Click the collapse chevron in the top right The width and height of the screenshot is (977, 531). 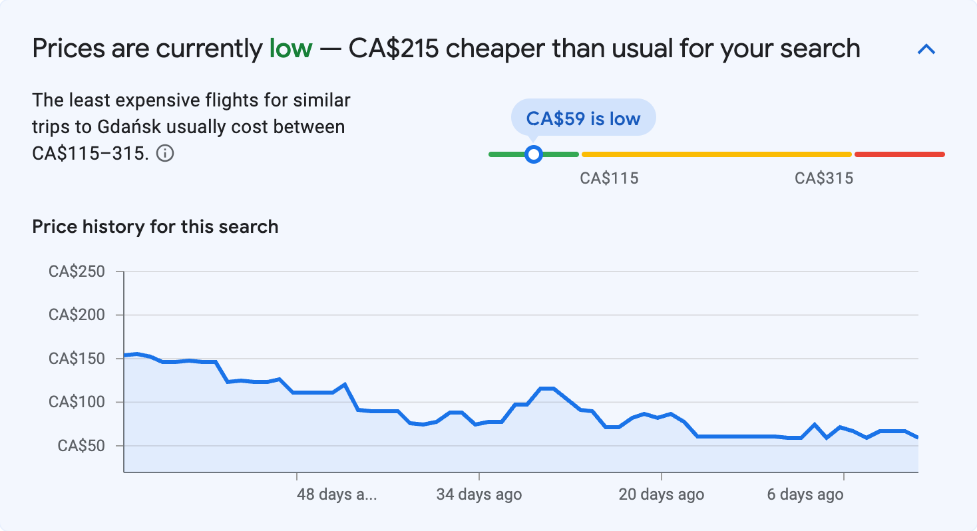[926, 49]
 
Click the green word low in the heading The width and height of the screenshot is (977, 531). [290, 49]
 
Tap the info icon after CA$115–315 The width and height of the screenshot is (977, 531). [165, 154]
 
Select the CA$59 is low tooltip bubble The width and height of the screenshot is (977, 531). [583, 118]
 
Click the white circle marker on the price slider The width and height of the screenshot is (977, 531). [533, 154]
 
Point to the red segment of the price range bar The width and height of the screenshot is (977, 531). [899, 154]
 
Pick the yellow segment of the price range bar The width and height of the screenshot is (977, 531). [716, 154]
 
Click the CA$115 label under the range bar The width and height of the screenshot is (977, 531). [609, 178]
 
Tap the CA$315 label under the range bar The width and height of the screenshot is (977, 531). [824, 178]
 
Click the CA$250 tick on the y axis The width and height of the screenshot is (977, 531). [77, 271]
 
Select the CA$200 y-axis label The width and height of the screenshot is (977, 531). [77, 315]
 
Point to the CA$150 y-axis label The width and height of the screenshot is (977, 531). [77, 359]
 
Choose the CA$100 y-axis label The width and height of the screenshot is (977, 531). [77, 402]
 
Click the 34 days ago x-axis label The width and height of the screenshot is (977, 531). [479, 494]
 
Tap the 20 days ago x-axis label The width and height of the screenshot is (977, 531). [661, 494]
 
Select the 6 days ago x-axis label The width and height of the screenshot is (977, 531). [805, 494]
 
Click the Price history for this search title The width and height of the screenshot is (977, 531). [155, 226]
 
